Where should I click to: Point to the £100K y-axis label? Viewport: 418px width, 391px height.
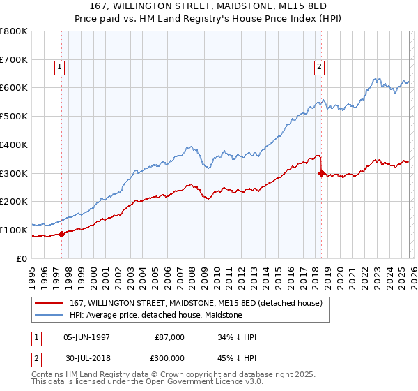14,230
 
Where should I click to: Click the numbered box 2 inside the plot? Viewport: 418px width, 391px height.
319,68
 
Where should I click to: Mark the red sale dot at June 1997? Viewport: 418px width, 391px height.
61,234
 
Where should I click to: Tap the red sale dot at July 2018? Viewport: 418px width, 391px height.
321,174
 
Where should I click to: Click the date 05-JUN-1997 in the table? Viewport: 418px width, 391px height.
86,337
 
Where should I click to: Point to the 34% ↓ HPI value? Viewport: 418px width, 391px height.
237,337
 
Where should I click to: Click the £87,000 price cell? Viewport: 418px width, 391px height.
169,337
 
